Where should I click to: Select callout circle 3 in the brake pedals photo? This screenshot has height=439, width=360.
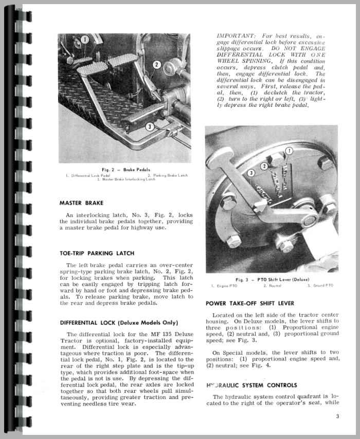click(x=149, y=126)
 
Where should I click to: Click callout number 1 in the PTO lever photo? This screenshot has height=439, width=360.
click(x=290, y=151)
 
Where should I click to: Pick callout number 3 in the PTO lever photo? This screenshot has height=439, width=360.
click(x=251, y=173)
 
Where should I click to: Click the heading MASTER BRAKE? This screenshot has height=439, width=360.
click(x=82, y=203)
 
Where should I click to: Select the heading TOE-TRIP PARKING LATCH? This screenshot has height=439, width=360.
click(x=97, y=253)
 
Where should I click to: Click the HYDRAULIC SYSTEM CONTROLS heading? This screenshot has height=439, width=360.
click(x=251, y=385)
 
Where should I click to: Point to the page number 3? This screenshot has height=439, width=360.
click(x=336, y=416)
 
